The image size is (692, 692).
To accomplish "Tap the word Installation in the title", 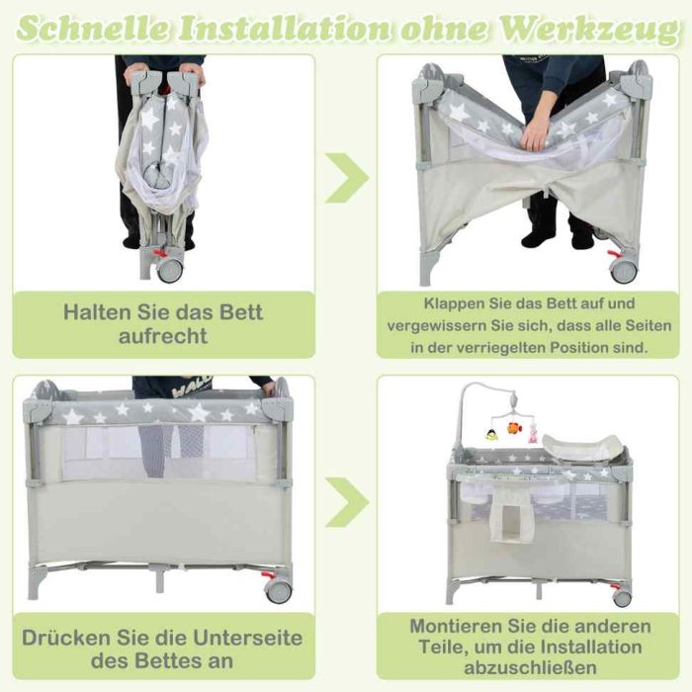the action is point(284,29).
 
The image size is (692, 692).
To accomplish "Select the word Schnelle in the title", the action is point(93,29).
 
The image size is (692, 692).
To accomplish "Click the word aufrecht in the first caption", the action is point(163,336).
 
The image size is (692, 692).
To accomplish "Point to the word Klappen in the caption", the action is point(454,304).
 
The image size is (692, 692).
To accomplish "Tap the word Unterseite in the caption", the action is point(247,638).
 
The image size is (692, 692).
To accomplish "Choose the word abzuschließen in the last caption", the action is point(530,667).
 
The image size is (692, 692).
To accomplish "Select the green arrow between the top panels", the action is point(346,178).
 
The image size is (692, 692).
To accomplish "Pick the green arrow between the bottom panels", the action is point(346,502).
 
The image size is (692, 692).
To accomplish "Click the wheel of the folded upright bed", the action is point(170,271).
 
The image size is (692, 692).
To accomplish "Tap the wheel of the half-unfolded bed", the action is point(624,271).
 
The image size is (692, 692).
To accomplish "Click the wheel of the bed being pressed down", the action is point(280,590).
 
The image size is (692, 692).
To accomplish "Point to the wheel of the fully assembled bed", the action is point(622,598).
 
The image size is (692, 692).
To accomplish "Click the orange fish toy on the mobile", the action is point(514,428).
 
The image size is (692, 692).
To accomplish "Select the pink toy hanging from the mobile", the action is point(533,433).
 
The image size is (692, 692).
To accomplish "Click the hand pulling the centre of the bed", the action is point(535,135).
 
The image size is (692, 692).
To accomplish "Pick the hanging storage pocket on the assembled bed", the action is point(513,515).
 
